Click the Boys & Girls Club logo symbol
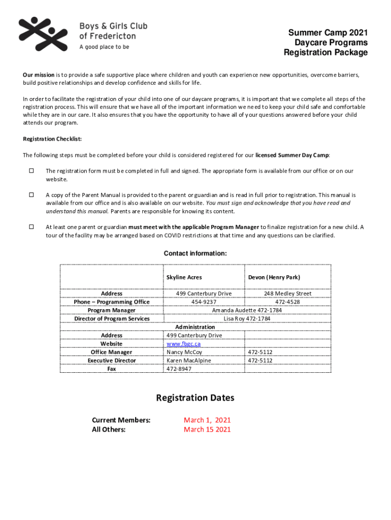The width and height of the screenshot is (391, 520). [43, 34]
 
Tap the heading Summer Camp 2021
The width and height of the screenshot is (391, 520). [328, 33]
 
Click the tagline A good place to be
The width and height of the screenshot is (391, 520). [104, 47]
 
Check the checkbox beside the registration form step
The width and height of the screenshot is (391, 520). [31, 171]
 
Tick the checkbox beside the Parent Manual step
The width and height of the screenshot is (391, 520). [31, 195]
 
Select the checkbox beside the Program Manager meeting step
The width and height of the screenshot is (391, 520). [31, 227]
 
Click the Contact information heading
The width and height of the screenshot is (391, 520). [195, 254]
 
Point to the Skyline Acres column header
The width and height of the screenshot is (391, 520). [184, 277]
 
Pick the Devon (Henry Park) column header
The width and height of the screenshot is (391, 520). [274, 277]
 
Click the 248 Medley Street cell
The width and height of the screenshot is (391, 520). [287, 294]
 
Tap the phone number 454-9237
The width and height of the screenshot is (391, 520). [204, 302]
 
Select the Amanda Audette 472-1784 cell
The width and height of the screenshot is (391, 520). [247, 310]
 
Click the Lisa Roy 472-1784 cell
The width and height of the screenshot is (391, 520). [247, 319]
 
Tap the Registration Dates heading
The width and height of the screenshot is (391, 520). [195, 398]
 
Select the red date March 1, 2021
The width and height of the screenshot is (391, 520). [207, 420]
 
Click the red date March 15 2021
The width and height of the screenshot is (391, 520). [207, 430]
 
